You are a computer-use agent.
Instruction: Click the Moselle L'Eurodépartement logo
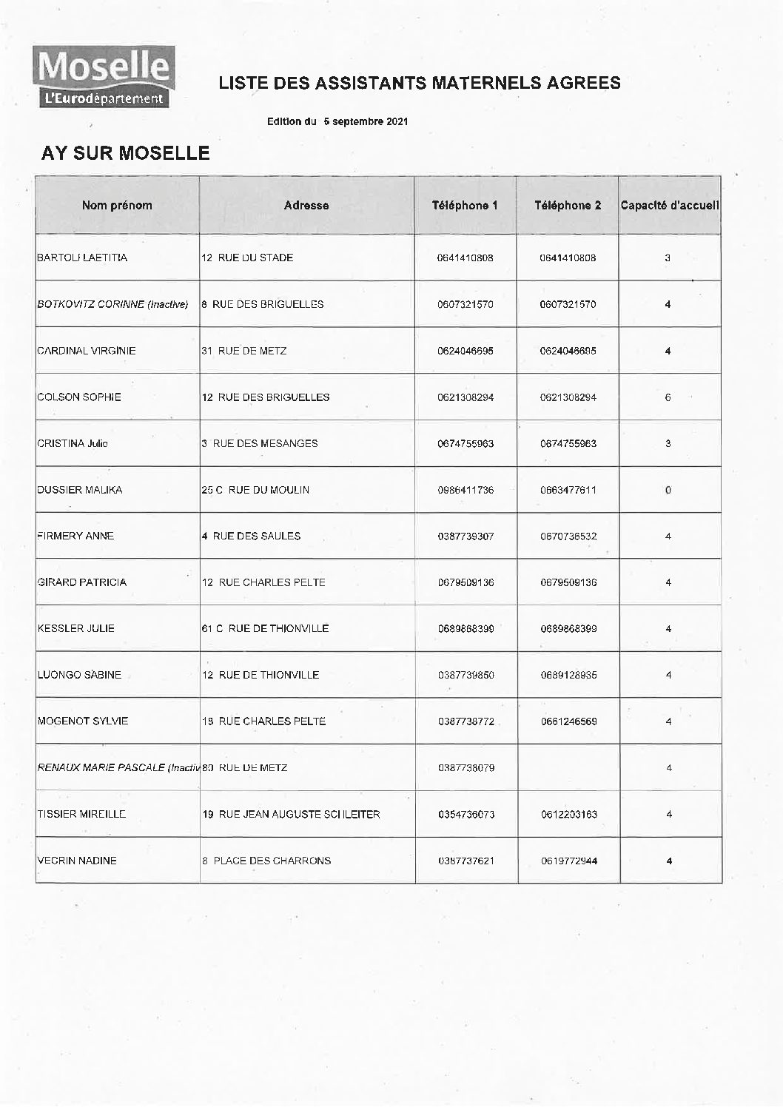click(103, 77)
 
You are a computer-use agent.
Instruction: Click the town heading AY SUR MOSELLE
click(125, 153)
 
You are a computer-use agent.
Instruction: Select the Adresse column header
click(306, 206)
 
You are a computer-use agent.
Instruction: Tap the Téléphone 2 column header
click(568, 206)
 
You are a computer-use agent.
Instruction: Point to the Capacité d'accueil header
click(670, 206)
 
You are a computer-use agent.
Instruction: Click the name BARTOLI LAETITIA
click(82, 258)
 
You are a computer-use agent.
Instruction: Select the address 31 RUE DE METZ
click(243, 351)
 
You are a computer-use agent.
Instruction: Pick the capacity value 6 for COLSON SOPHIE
click(668, 397)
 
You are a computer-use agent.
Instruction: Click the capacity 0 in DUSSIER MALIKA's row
click(668, 490)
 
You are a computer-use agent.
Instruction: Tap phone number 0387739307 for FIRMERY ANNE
click(466, 536)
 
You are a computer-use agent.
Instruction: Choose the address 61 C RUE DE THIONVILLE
click(265, 628)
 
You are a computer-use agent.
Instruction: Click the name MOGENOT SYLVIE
click(83, 721)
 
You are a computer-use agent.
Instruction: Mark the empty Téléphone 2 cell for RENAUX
click(568, 767)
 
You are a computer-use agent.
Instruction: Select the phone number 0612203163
click(568, 814)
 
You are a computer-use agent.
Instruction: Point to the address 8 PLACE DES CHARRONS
click(266, 861)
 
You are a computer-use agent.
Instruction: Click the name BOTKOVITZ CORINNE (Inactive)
click(112, 304)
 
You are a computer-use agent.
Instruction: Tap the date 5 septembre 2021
click(366, 121)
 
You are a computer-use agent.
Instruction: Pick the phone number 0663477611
click(568, 490)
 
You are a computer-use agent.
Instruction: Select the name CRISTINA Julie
click(73, 443)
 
